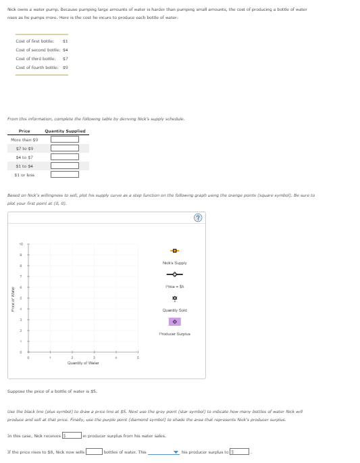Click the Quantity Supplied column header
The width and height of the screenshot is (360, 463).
pos(65,130)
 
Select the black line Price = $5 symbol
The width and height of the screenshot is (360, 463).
pos(174,274)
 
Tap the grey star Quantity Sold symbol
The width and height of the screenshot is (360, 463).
pos(174,297)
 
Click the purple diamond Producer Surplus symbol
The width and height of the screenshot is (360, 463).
pos(174,321)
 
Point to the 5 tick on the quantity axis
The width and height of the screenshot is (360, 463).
pos(138,359)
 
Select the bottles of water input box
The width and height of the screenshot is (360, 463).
pos(93,452)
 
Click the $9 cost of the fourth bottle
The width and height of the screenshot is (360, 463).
pos(65,68)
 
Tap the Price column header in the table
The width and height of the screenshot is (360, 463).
pos(24,130)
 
